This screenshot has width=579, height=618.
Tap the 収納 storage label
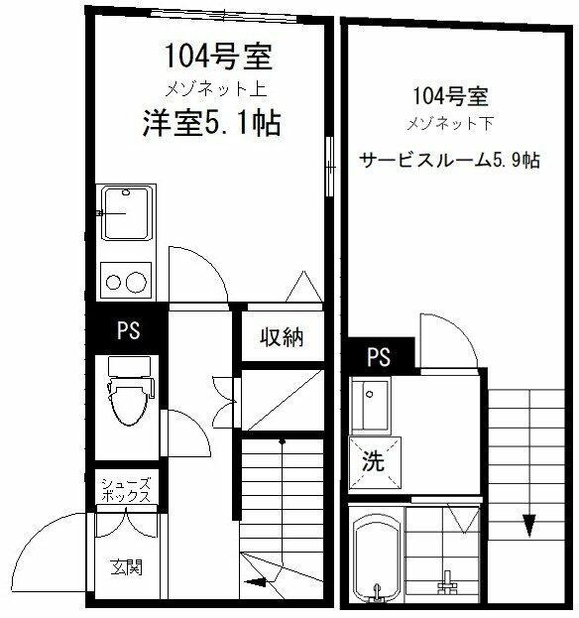click(x=282, y=337)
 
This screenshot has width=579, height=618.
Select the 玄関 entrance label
click(x=126, y=567)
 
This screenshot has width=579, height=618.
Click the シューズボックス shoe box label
click(x=126, y=490)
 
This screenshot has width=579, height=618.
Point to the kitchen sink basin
click(x=127, y=213)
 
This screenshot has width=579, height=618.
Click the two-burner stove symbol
click(x=126, y=281)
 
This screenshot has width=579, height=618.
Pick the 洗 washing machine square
click(x=375, y=462)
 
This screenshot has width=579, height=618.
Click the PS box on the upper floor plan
click(x=129, y=329)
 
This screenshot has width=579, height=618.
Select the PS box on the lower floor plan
click(x=379, y=356)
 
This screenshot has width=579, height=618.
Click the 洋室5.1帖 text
click(x=212, y=123)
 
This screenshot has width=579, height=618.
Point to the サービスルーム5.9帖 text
click(x=449, y=161)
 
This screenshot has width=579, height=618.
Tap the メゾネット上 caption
click(x=216, y=89)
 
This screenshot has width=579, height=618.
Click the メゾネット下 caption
click(x=450, y=124)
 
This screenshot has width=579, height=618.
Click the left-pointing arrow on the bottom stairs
click(x=256, y=581)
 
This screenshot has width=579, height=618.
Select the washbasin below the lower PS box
click(x=370, y=404)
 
